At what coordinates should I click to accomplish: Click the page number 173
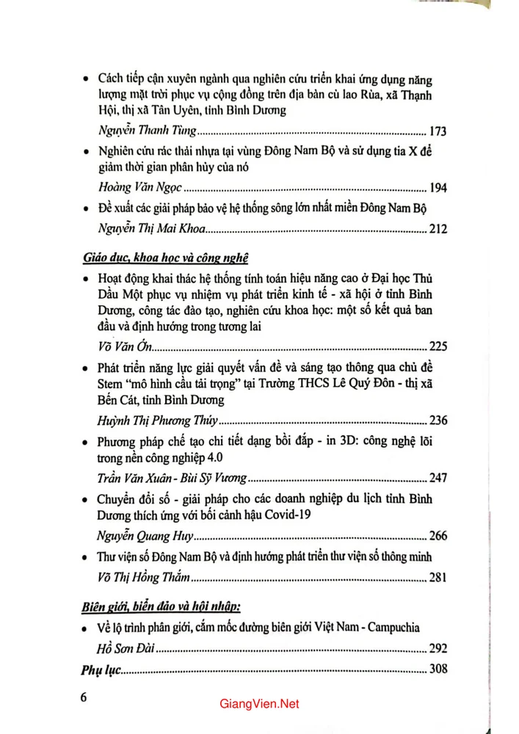tap(438, 132)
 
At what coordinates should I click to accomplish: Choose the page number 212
tap(438, 230)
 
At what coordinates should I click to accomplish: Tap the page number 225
tap(438, 348)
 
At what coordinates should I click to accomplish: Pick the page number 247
tap(438, 478)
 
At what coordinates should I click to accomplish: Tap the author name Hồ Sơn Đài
tap(126, 649)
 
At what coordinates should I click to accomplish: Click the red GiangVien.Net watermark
tap(259, 704)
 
